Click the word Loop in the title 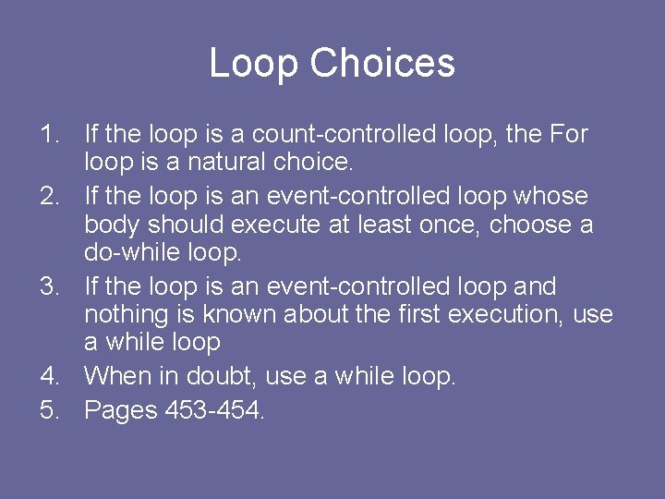point(255,64)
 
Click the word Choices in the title point(382,64)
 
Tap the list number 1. point(50,135)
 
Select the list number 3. point(50,287)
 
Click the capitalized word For point(568,135)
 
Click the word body point(113,225)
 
